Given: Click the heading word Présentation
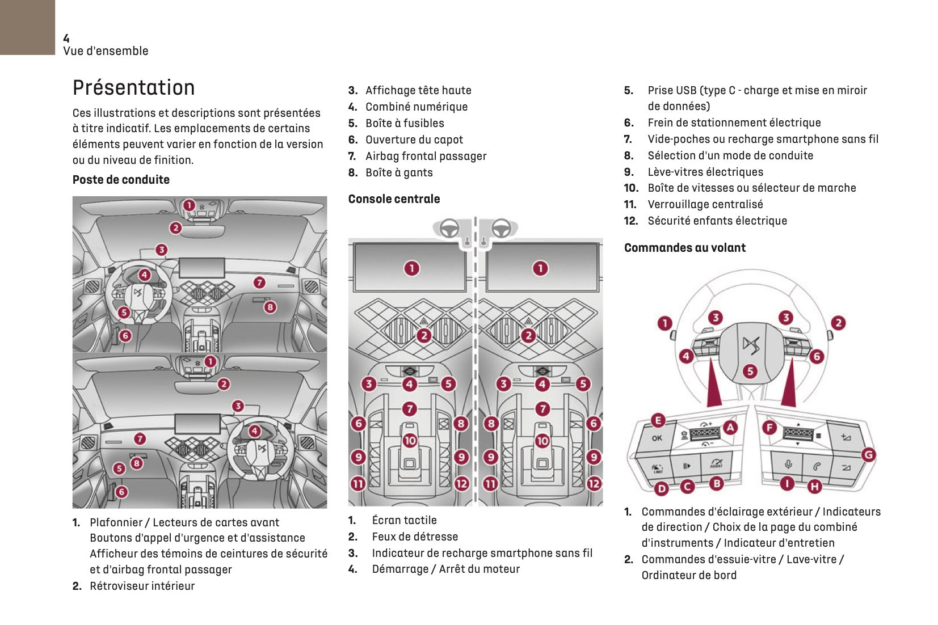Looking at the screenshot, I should (x=133, y=88).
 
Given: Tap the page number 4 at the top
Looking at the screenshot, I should (x=66, y=39).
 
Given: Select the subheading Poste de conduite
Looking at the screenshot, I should (x=121, y=180).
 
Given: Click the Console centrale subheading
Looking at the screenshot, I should (x=394, y=199).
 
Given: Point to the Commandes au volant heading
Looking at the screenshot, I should (x=684, y=248).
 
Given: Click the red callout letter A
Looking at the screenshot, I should (x=730, y=428).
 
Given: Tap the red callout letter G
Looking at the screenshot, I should (x=868, y=454).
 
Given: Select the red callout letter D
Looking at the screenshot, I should (x=662, y=488).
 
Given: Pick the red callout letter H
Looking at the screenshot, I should (x=814, y=486).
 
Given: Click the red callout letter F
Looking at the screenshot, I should (x=769, y=428).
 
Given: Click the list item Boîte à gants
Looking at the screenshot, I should (x=399, y=173).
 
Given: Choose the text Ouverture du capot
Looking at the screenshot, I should (x=414, y=140).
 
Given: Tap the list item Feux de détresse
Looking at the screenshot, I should (x=414, y=537).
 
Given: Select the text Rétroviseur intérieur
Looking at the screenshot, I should (x=142, y=586).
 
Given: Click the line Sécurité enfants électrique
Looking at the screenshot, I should (x=717, y=221).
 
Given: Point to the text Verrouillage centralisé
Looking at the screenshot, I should (x=705, y=205).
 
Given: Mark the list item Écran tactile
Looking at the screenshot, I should (x=404, y=521).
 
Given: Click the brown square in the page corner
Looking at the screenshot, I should (x=27, y=27).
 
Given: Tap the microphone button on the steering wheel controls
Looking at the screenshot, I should (x=788, y=465).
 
